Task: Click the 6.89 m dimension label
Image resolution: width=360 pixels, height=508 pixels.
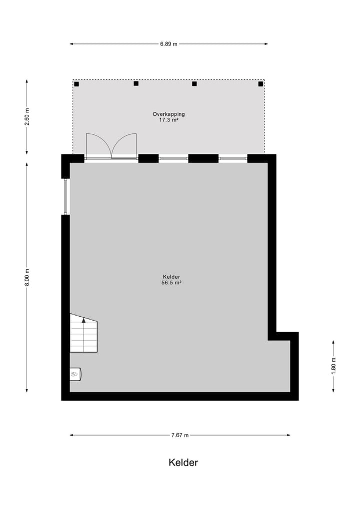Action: coord(168,44)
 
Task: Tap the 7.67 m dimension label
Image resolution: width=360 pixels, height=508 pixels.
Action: coord(179,435)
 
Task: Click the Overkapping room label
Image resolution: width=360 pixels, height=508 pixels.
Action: coord(168,114)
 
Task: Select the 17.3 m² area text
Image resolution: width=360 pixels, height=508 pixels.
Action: coord(168,120)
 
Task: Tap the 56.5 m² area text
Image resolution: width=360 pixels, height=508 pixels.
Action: coord(171,283)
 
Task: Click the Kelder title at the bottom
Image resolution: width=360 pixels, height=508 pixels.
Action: coord(183,463)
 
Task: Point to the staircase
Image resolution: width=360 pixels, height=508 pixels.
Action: coord(83,333)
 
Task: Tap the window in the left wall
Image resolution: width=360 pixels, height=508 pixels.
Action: coord(65,196)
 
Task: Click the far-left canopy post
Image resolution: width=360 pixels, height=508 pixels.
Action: coord(76,84)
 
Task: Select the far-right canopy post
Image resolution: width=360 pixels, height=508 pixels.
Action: coord(260,84)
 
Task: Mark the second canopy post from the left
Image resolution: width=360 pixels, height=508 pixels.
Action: coord(136,83)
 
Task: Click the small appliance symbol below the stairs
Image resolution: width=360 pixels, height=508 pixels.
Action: coord(75,374)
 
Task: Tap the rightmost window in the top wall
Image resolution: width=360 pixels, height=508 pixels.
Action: coord(233,158)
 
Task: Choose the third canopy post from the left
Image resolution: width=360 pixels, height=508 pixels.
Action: coord(194,83)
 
